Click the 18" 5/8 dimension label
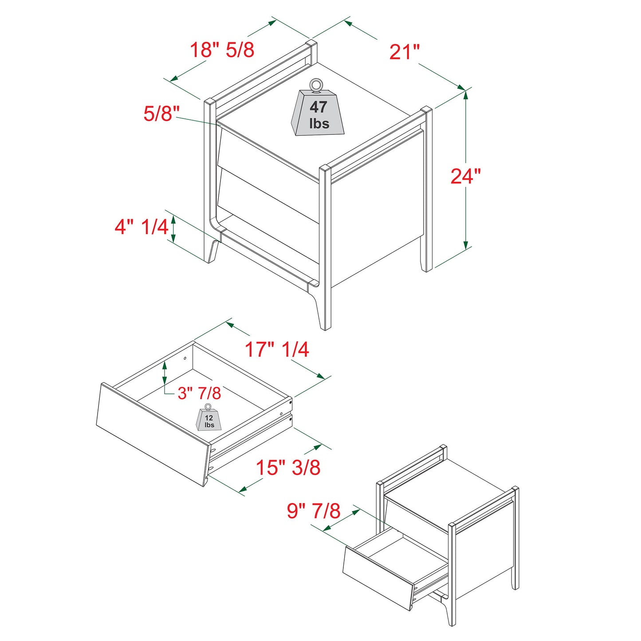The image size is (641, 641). point(222,50)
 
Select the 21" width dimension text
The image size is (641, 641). point(404,52)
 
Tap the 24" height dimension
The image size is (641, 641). point(465,176)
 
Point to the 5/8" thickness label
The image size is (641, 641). point(161,114)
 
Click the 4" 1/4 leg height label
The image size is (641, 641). point(141,227)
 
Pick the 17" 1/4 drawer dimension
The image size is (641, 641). point(277,350)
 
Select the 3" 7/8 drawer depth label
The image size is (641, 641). point(199,393)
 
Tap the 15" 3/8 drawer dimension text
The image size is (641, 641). point(288,468)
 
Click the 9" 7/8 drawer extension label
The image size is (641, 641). point(313,511)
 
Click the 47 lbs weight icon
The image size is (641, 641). point(318,114)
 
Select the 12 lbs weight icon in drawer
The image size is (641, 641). point(208,419)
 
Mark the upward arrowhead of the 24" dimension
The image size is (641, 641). point(465,93)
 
